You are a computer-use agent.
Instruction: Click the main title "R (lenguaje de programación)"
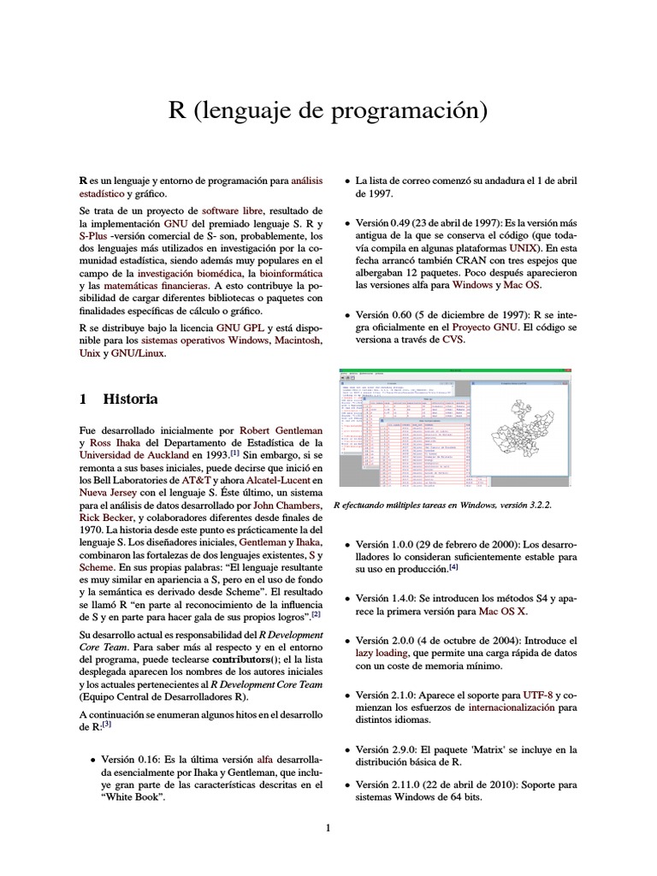(x=328, y=110)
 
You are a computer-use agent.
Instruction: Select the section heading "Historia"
(x=130, y=399)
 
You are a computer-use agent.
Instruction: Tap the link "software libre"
(x=232, y=210)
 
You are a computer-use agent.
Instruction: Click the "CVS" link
(x=453, y=340)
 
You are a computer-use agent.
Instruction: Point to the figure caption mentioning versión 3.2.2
(x=441, y=506)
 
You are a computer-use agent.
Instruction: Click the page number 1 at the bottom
(x=328, y=827)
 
